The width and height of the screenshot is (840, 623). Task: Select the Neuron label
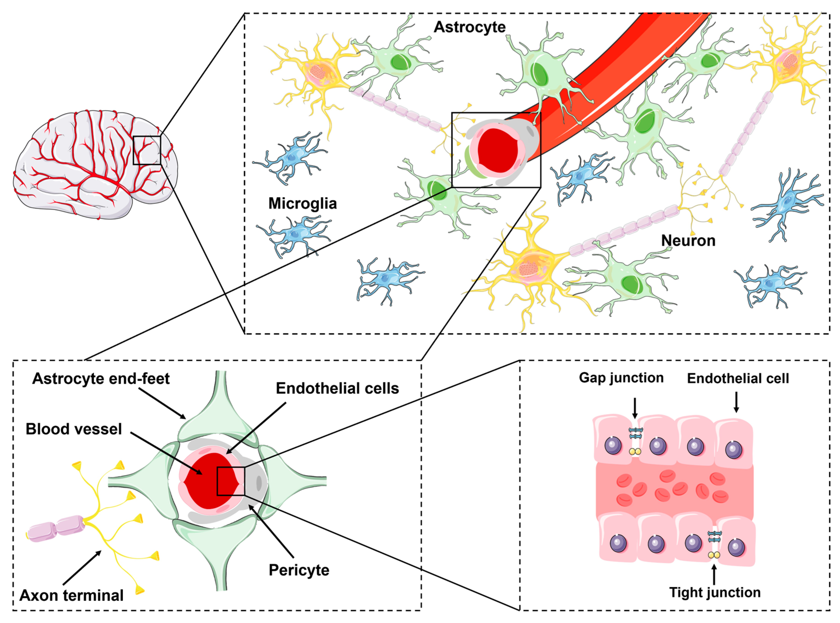coord(688,241)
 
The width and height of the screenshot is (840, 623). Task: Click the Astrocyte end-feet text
coord(101,379)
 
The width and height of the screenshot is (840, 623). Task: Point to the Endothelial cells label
coord(337,388)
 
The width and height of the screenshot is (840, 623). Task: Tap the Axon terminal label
coord(72,595)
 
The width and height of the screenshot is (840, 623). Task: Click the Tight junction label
coord(714,592)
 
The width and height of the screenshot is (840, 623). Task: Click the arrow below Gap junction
coord(635,408)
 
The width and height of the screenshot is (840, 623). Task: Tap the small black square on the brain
coord(147,150)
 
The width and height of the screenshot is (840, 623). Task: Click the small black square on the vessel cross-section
coord(231,481)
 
